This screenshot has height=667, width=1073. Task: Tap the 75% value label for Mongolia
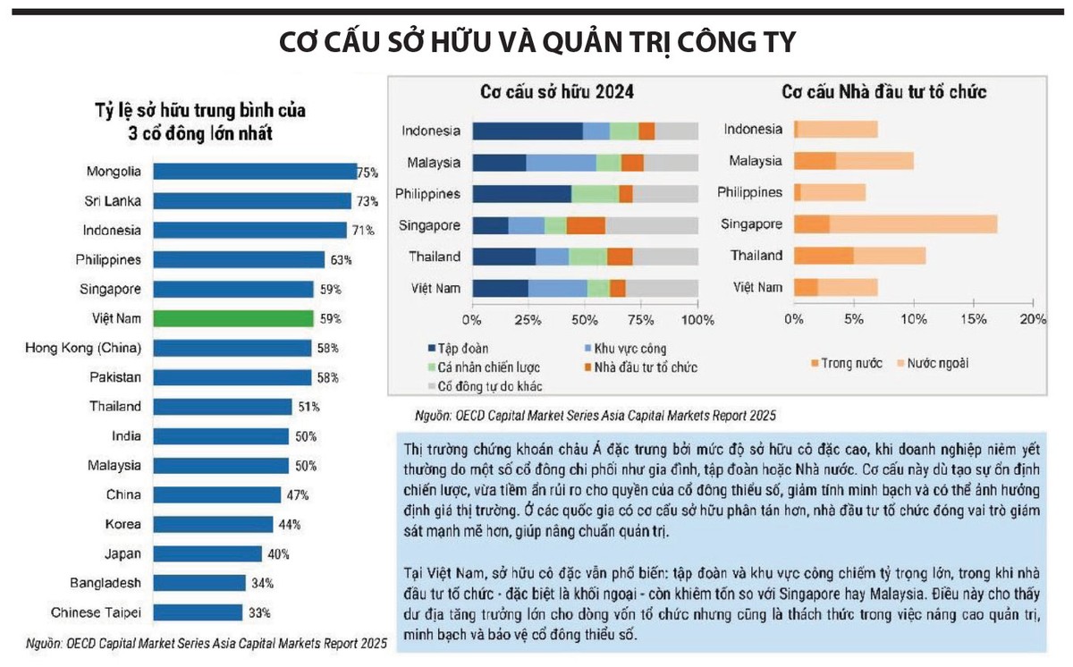(368, 172)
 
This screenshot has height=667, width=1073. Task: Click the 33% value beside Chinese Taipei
(260, 612)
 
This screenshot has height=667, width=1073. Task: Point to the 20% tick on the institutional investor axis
(1033, 319)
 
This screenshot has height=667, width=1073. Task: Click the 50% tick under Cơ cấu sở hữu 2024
(584, 319)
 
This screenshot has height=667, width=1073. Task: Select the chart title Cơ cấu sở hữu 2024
(560, 92)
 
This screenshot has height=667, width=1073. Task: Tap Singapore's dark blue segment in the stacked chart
(490, 225)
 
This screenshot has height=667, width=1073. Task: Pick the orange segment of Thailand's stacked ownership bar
(620, 257)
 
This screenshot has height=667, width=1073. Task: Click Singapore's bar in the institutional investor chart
(895, 224)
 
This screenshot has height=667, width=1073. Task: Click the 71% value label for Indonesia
(363, 231)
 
